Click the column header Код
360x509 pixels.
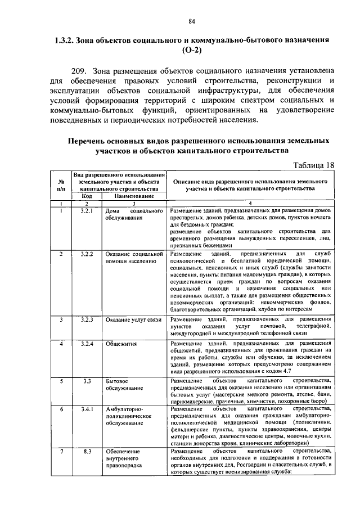point(86,196)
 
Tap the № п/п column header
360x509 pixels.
point(60,186)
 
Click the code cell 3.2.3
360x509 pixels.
point(86,319)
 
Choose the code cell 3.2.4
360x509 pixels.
point(86,343)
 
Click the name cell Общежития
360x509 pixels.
point(121,343)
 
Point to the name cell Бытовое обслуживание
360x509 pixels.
point(125,385)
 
